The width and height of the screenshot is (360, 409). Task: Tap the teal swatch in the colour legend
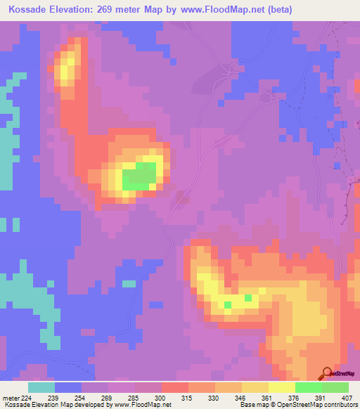click(41, 387)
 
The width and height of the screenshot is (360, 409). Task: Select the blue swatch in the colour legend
click(68, 387)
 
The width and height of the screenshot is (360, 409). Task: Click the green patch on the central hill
click(139, 176)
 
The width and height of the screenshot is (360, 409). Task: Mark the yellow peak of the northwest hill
click(67, 70)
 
